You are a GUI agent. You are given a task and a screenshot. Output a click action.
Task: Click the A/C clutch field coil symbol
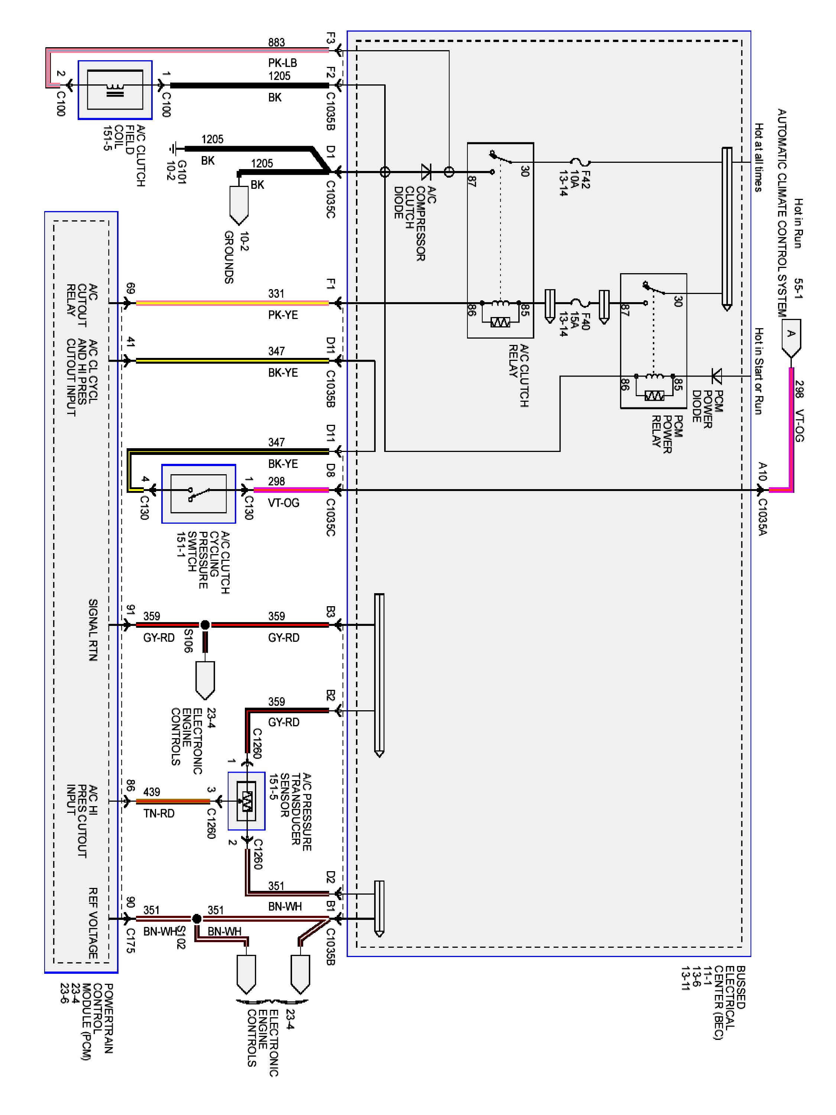115,90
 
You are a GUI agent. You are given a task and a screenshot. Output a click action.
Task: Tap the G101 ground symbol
174,149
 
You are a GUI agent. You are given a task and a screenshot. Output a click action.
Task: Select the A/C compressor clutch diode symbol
426,172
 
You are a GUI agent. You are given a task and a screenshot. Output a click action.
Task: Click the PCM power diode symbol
716,375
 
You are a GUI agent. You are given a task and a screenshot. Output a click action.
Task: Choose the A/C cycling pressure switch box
198,494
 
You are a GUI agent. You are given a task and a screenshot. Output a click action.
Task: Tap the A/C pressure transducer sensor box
246,801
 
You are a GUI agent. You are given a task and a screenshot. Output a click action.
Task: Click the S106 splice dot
205,625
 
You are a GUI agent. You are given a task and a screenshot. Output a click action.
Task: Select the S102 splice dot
197,918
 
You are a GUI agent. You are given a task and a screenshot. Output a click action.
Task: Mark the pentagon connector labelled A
791,336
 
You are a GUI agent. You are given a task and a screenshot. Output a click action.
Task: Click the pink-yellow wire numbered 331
232,303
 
